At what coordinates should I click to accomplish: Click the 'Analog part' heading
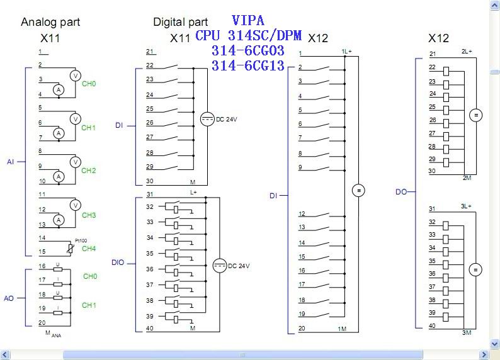pos(50,23)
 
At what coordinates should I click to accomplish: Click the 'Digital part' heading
pos(180,23)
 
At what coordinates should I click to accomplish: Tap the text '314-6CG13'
pos(248,66)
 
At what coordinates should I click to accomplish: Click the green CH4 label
pos(89,249)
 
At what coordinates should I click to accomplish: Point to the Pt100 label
pos(80,240)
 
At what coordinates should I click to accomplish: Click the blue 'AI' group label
pos(11,162)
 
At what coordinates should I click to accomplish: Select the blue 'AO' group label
pos(9,298)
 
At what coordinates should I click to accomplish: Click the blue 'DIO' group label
pos(118,262)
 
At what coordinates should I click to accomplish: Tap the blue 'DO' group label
pos(401,192)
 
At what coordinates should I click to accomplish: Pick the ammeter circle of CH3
pos(59,220)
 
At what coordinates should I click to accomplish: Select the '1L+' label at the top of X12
pos(346,51)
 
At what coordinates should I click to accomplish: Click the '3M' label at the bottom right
pos(467,332)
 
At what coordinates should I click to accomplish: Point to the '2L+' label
pos(467,51)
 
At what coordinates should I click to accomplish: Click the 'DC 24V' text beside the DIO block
pos(239,266)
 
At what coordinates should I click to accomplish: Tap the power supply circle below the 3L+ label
pos(476,270)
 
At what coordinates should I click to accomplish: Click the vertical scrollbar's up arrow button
pos(495,5)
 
